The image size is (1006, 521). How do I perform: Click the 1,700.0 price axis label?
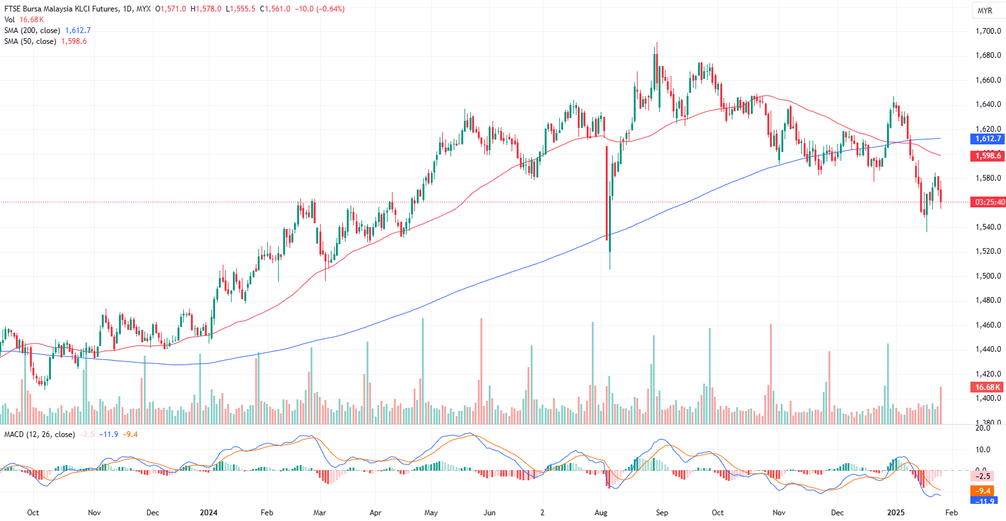tap(988, 31)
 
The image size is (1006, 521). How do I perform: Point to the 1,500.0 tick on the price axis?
tap(988, 276)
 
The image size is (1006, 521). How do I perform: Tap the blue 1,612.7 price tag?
tap(988, 139)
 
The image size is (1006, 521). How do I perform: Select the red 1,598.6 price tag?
tap(988, 156)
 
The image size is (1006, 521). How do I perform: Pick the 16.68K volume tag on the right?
tap(988, 387)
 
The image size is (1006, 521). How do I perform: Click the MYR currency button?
tap(985, 11)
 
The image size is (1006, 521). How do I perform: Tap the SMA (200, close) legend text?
tap(32, 31)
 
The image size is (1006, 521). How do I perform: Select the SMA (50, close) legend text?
tap(30, 41)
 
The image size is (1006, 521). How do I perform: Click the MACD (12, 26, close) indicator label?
tap(39, 434)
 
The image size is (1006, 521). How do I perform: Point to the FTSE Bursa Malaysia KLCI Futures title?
tap(61, 9)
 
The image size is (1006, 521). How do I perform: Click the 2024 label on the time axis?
tap(209, 513)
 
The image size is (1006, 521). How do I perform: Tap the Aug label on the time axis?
tap(601, 513)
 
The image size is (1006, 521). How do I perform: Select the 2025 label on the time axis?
tap(896, 513)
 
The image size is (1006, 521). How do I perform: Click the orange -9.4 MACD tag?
tap(984, 490)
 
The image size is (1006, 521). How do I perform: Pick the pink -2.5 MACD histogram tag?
tap(984, 476)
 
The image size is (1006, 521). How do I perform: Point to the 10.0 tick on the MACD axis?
tap(982, 450)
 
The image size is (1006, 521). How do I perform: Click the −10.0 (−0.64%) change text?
tap(319, 9)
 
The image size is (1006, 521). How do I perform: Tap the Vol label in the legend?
tap(10, 20)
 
